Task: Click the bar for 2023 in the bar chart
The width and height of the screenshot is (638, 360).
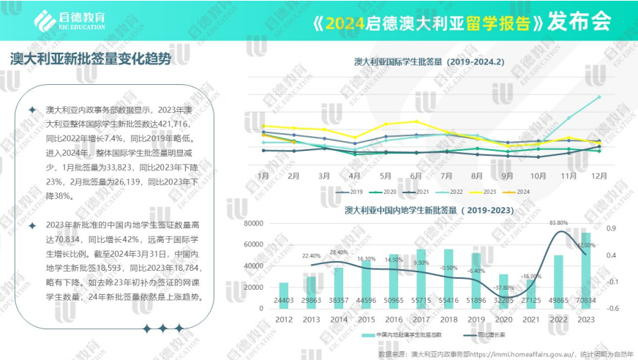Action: coord(585,271)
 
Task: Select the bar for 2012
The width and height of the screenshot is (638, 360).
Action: coord(284,296)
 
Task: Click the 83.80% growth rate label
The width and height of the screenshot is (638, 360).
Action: coord(558,222)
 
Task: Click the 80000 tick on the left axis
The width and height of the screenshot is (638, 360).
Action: coord(252,224)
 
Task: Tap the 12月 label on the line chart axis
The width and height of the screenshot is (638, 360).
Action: coord(598,176)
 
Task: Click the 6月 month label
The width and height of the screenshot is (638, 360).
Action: coord(416,176)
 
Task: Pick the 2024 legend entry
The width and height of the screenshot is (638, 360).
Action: coord(523,192)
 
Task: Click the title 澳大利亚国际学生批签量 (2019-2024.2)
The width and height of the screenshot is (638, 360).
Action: coord(429,62)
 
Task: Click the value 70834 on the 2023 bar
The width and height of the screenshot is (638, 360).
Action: coord(585,300)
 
